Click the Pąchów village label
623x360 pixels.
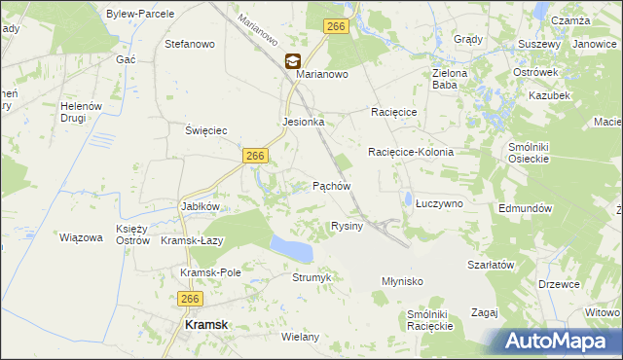[331, 185]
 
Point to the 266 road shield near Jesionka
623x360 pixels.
[256, 156]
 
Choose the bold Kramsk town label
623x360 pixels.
[208, 326]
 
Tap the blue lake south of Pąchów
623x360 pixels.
[292, 248]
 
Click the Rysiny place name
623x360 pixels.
[348, 226]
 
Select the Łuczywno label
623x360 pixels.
[439, 203]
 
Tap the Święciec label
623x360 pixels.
[206, 129]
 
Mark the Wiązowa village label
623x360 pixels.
[81, 236]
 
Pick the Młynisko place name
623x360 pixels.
[401, 280]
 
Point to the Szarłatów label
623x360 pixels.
[490, 265]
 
